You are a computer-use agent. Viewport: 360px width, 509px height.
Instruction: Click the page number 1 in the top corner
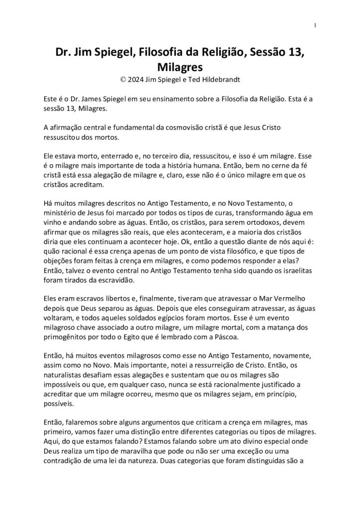(316, 25)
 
